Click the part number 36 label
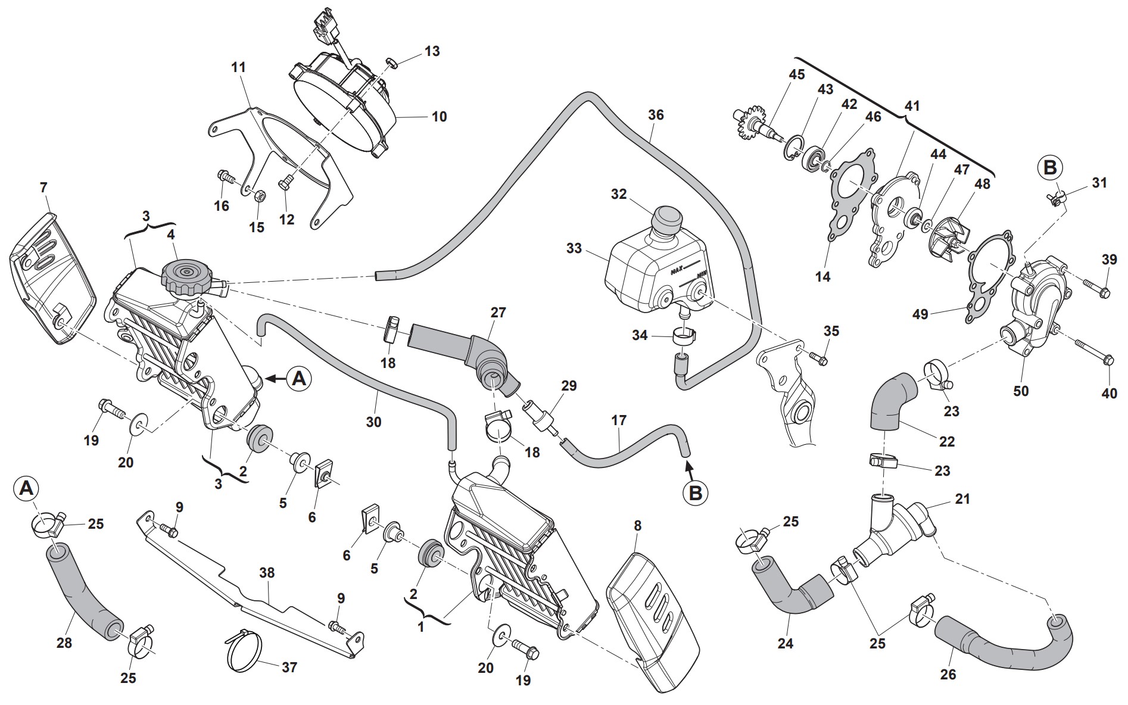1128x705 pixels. pos(656,115)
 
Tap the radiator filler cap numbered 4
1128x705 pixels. pos(185,276)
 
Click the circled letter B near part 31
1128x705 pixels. pos(1049,168)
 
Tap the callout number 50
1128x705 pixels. pos(1021,391)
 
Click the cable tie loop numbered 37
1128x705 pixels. pos(243,651)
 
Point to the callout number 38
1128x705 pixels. pos(267,573)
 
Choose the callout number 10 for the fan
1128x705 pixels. pos(439,116)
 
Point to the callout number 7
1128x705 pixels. pos(43,188)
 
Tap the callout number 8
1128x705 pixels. pos(638,526)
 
